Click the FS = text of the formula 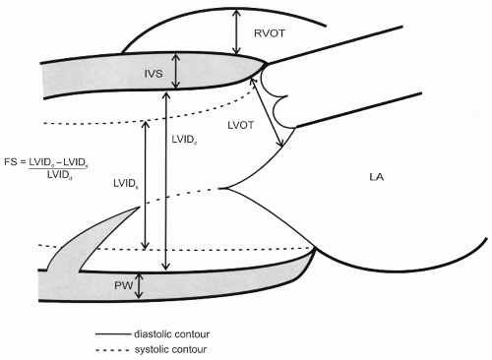point(28,160)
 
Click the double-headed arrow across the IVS point(176,72)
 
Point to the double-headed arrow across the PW point(140,286)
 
